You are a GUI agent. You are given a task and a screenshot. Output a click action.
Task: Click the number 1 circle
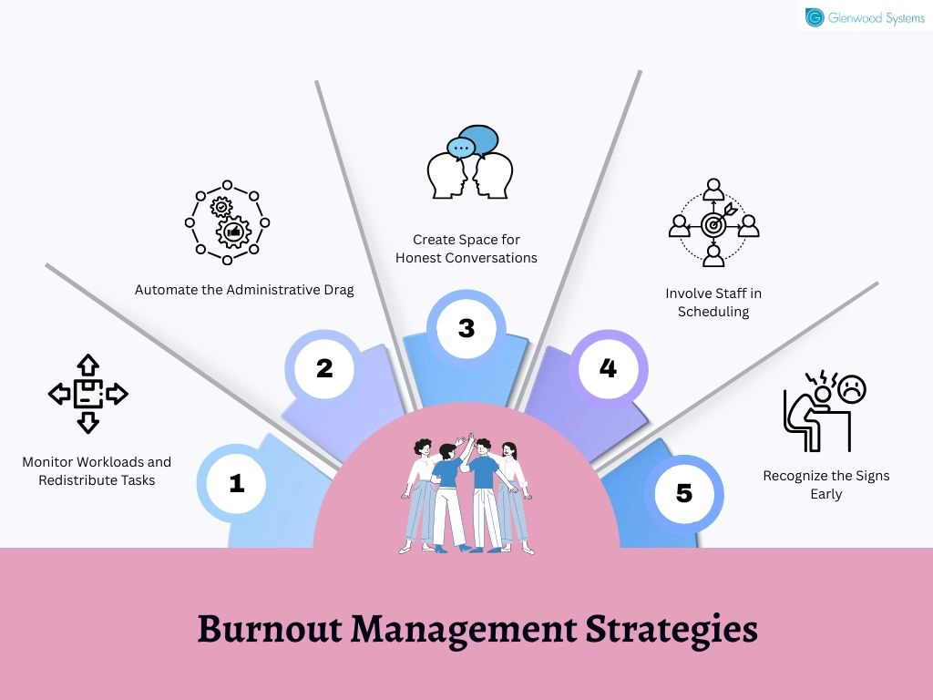237,483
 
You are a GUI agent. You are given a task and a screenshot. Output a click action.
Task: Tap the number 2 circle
324,368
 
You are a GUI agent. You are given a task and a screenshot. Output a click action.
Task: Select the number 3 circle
466,328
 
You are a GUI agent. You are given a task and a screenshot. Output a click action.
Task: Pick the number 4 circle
608,368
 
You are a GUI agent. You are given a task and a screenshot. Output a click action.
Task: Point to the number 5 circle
684,493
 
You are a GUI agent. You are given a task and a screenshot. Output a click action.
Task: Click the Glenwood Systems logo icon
814,17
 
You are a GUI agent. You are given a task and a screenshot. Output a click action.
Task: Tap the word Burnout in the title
270,629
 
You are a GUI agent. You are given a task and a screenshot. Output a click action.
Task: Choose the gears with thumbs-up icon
227,222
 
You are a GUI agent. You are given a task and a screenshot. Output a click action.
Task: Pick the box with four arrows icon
88,394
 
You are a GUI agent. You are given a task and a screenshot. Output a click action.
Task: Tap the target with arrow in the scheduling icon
716,222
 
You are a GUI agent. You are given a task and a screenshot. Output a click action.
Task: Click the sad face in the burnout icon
852,388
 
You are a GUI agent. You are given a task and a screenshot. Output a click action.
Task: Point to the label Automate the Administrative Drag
244,290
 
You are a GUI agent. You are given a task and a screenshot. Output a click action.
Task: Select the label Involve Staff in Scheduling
713,303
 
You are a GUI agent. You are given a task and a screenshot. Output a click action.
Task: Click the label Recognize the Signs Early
826,485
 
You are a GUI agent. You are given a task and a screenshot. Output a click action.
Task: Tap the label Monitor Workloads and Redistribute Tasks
97,471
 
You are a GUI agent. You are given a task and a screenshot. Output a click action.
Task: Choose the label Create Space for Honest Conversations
466,249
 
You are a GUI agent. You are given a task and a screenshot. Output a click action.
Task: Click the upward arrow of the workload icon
88,365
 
